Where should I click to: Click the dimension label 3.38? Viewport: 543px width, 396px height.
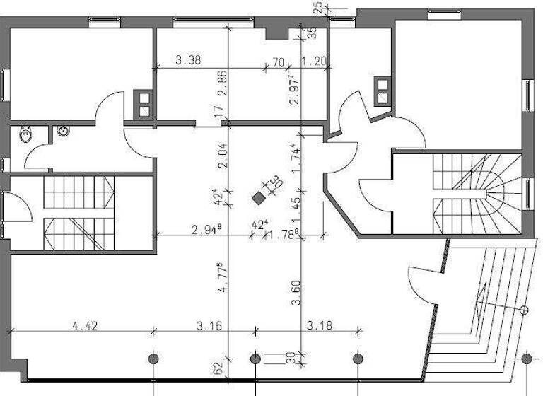pos(188,61)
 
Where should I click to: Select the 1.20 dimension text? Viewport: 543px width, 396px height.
pos(314,62)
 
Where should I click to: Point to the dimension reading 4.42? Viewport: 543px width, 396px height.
pos(85,325)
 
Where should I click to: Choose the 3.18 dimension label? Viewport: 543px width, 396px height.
pos(320,325)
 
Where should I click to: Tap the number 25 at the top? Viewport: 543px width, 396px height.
pos(318,7)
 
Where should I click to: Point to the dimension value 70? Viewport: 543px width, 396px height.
pos(277,62)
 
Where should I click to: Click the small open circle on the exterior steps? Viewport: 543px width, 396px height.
pos(524,310)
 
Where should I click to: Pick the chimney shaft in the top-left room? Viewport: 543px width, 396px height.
pos(144,105)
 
